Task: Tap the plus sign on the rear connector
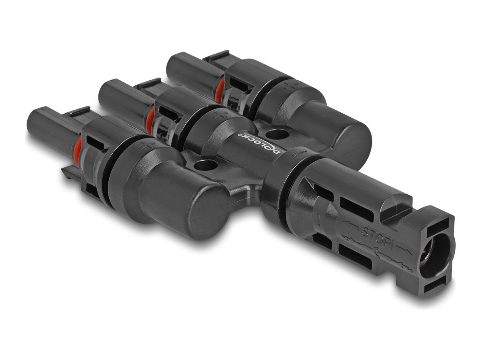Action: point(287,85)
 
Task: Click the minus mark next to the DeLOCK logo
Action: point(297,153)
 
